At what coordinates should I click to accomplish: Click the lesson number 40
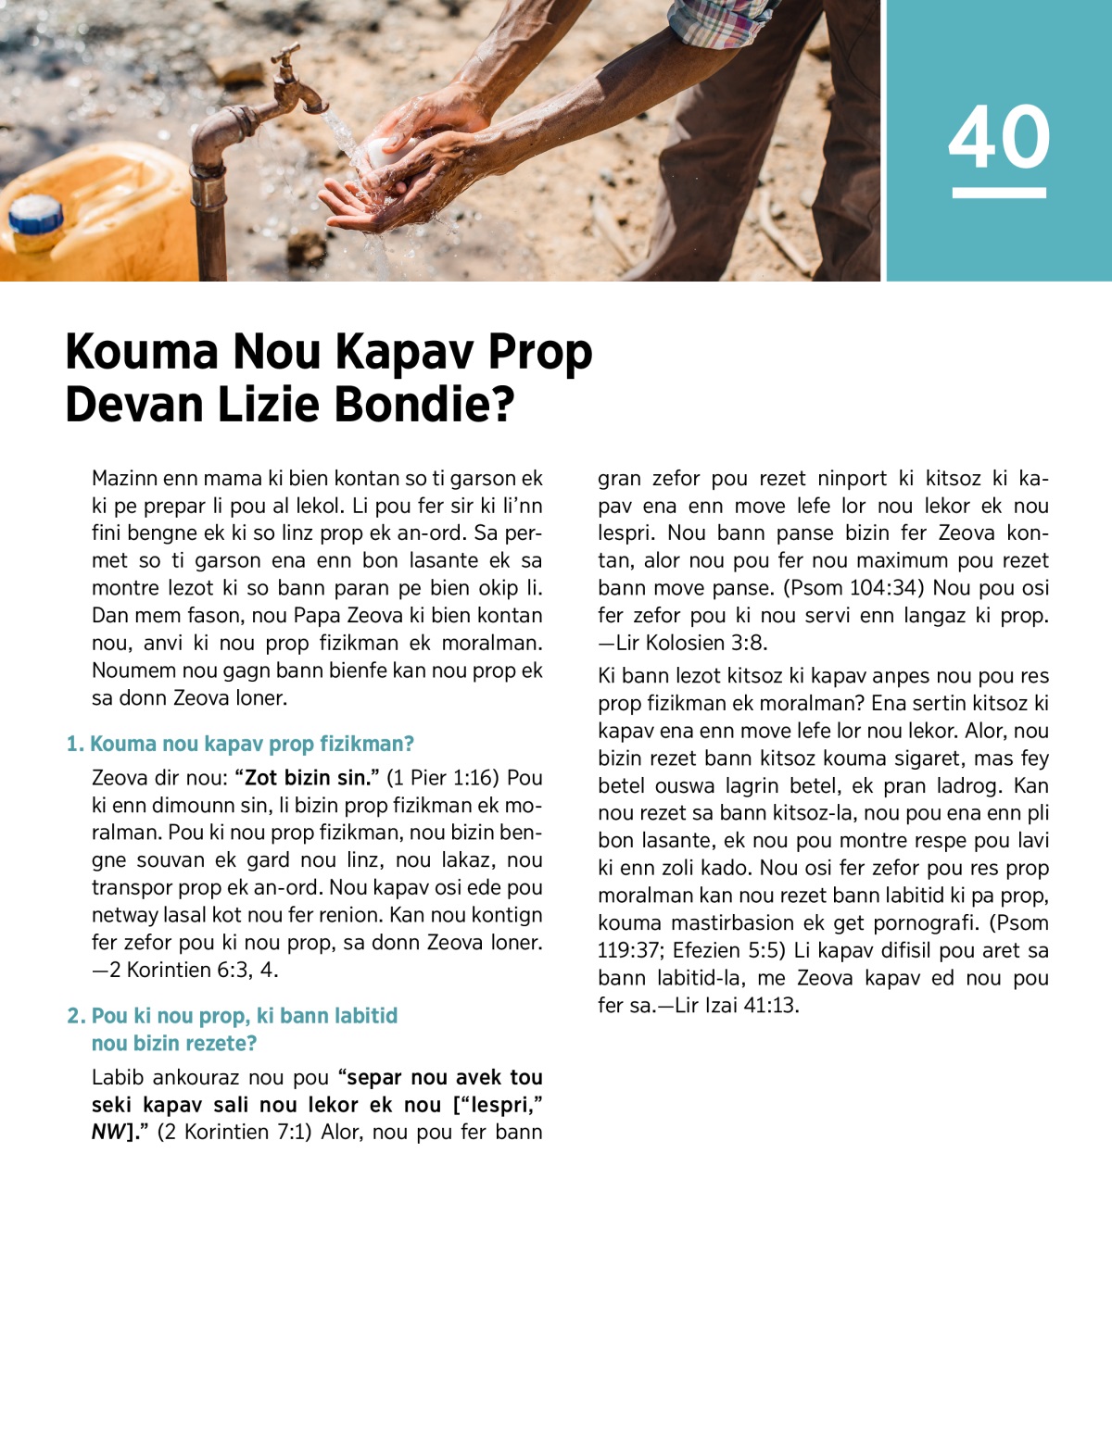coord(999,136)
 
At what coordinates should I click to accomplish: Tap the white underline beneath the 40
coord(999,193)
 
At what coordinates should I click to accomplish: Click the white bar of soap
coord(383,152)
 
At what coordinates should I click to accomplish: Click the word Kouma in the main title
coord(142,352)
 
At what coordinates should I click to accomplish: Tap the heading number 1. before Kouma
coord(75,744)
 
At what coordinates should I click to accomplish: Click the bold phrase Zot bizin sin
coord(307,777)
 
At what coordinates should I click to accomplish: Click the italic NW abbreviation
coord(107,1132)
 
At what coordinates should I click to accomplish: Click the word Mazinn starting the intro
coord(124,478)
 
